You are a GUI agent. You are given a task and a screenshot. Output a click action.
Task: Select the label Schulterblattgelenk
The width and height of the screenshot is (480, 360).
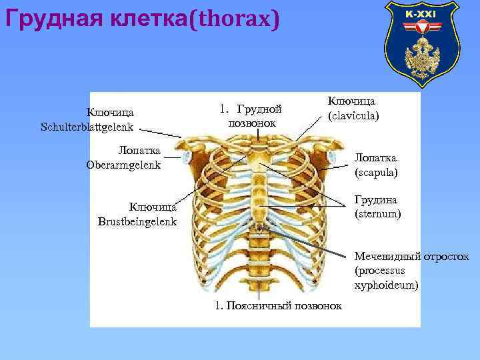pos(87,126)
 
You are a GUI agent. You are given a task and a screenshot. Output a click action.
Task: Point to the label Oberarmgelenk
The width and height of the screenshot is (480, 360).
pos(123,165)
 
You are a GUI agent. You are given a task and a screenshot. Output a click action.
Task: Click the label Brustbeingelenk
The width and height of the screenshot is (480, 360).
pos(137,221)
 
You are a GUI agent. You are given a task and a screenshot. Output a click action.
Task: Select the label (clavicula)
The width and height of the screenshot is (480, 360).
pos(353,115)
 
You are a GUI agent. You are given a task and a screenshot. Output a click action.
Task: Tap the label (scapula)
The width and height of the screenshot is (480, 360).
pos(376,172)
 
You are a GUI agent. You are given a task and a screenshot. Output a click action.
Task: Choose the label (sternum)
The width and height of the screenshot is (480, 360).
pos(377,214)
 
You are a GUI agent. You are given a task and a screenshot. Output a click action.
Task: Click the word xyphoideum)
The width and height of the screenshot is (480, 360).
pos(387,285)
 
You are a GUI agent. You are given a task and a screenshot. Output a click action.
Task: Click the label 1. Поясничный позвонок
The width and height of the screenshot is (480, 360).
pos(279,305)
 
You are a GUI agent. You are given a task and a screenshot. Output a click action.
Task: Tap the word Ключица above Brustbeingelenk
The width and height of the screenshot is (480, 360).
pos(152,207)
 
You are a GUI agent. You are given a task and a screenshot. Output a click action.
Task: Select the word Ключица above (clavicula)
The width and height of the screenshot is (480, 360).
pos(351,101)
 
